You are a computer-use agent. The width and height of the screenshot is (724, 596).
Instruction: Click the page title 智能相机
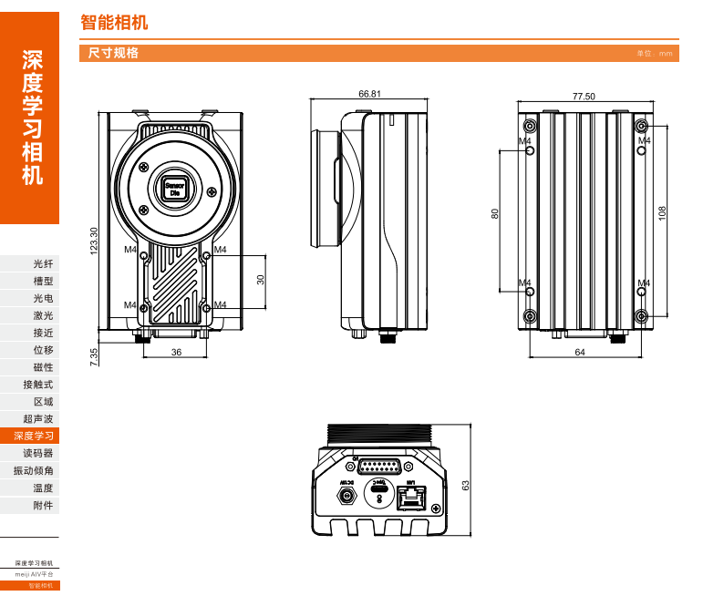[114, 23]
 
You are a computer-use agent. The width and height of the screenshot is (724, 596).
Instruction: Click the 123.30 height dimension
[93, 241]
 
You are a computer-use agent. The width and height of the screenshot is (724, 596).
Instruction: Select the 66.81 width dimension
[369, 94]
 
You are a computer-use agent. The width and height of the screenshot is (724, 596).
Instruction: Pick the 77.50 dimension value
[584, 96]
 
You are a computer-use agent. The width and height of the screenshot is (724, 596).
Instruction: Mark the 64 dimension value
[581, 353]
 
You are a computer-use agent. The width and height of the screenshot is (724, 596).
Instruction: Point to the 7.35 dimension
[93, 356]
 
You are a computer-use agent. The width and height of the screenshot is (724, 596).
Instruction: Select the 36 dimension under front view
[176, 353]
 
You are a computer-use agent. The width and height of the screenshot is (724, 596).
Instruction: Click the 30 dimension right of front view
[261, 280]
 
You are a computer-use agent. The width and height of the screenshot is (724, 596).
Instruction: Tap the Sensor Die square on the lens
[174, 190]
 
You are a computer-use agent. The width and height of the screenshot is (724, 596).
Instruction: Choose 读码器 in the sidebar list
[38, 453]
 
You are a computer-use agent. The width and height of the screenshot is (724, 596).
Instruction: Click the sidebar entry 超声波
[38, 418]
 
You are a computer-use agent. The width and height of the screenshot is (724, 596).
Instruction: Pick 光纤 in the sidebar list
[43, 263]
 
